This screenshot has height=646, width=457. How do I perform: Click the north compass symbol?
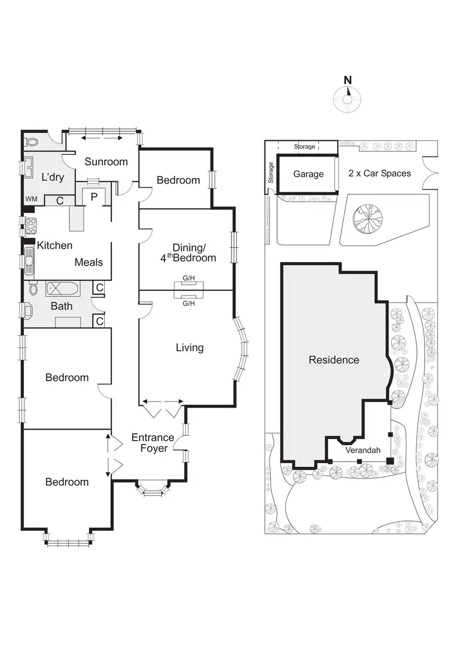348,98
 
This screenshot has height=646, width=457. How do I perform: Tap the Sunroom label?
106,161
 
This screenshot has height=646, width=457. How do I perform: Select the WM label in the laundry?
30,199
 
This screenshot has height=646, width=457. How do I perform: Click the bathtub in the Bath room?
62,288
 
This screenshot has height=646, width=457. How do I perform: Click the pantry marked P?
94,197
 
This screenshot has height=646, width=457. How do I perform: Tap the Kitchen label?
55,246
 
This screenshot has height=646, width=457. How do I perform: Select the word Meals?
88,262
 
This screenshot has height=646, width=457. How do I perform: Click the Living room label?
190,348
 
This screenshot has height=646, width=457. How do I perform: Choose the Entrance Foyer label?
153,443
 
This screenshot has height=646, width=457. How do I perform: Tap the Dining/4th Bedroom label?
194,253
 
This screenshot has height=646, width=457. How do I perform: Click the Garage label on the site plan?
308,174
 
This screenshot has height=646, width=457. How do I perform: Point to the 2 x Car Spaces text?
380,173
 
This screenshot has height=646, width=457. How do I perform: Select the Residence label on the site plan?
334,360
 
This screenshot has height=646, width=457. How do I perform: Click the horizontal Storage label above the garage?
305,147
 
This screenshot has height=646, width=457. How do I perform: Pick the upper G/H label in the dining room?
188,279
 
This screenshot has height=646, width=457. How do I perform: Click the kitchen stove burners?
29,226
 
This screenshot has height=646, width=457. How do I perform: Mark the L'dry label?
53,177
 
